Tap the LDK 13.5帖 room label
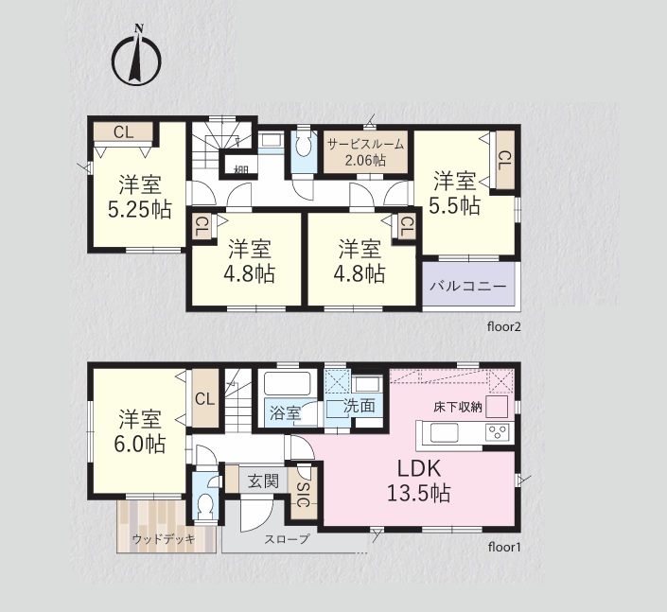[419, 481]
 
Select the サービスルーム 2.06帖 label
[365, 152]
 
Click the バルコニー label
[468, 286]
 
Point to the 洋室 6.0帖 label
[139, 431]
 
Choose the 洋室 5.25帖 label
[139, 197]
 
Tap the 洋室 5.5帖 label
[454, 193]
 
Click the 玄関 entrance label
[263, 481]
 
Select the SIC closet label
[302, 495]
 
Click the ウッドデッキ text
[164, 539]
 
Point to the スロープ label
[287, 539]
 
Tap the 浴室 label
[286, 412]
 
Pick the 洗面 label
[360, 406]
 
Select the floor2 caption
[504, 326]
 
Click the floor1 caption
[504, 547]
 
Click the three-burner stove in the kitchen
[498, 432]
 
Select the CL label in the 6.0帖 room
[204, 399]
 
